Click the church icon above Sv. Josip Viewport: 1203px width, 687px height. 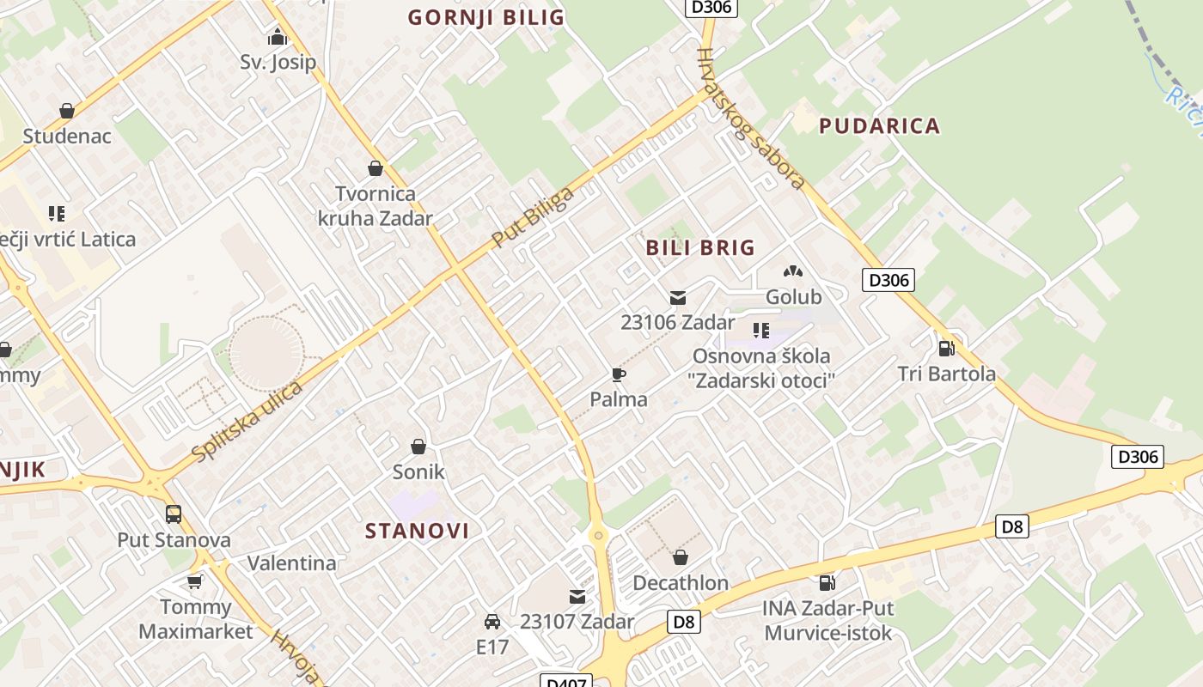[277, 37]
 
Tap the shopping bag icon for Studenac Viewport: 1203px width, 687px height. [67, 111]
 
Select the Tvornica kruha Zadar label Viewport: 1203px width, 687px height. [375, 206]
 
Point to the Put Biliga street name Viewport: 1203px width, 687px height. [533, 217]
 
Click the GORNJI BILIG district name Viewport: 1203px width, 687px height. [485, 17]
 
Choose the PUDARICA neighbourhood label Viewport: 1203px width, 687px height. [879, 126]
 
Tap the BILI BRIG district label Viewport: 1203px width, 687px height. [700, 248]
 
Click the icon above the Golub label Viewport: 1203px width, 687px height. [793, 271]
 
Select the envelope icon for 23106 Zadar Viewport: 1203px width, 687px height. [678, 298]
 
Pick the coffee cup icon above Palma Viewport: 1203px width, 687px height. [618, 374]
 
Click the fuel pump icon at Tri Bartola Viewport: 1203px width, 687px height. [946, 348]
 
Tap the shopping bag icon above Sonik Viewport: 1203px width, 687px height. [418, 447]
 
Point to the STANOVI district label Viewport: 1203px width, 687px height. [418, 531]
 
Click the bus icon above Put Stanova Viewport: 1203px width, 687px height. [174, 514]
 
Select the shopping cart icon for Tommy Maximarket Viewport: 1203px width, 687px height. [195, 582]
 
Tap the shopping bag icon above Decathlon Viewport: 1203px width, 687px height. [681, 557]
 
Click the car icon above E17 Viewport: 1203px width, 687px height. [492, 621]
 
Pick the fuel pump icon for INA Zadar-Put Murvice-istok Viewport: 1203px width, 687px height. [827, 583]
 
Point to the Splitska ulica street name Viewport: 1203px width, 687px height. [248, 422]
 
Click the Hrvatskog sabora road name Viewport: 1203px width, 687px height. [750, 118]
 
